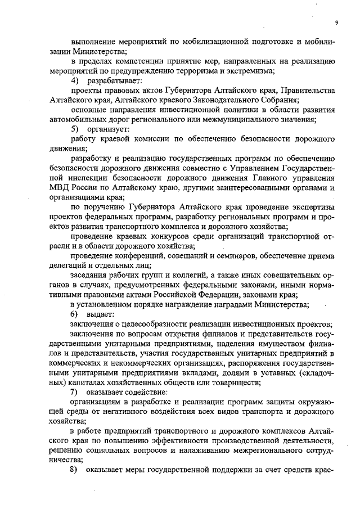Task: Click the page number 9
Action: tap(336, 22)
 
